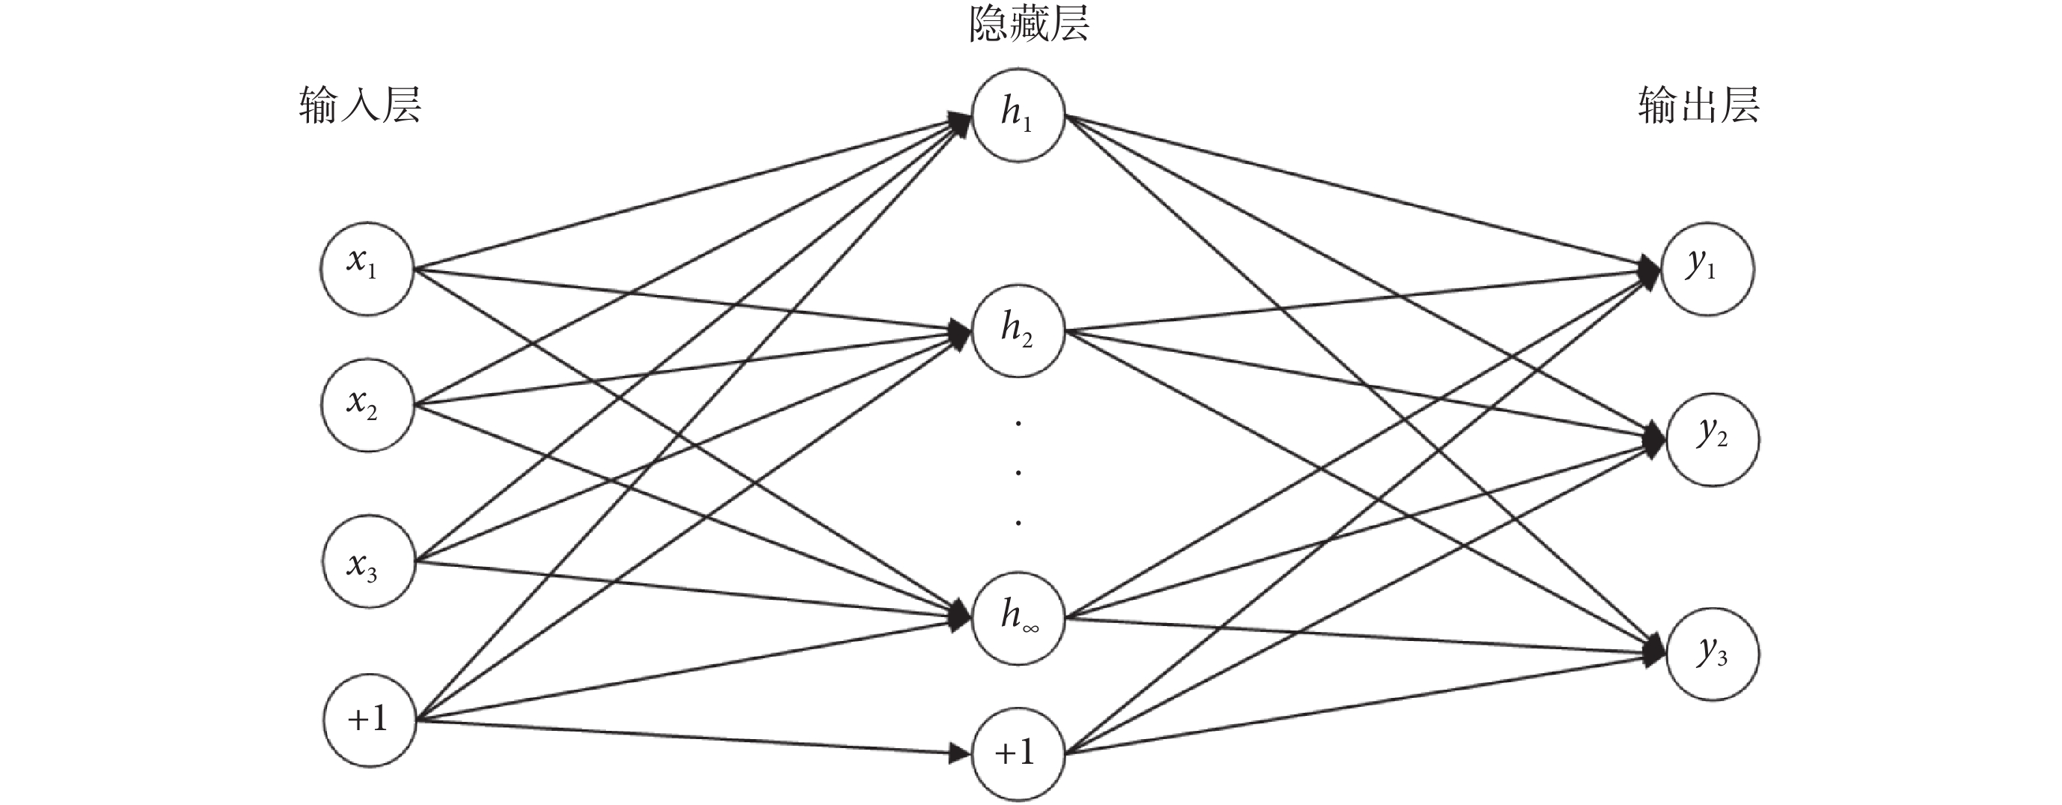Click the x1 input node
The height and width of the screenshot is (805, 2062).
(x=367, y=269)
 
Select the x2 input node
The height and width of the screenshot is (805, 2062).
(x=367, y=405)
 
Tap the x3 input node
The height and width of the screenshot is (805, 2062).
(x=368, y=562)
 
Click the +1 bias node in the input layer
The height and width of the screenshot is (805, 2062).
(x=369, y=720)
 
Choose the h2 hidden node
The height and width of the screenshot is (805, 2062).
(x=1018, y=331)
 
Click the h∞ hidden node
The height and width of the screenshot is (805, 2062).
(x=1018, y=619)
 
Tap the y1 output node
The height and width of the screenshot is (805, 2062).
(x=1707, y=269)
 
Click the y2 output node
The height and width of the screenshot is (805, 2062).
(x=1712, y=439)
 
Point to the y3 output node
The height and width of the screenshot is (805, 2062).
(x=1712, y=654)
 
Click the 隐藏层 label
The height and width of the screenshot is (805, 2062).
(x=1029, y=25)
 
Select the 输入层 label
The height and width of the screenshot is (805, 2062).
(x=360, y=106)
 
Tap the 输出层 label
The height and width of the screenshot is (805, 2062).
(x=1698, y=106)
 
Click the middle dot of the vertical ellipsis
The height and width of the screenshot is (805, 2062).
(x=1018, y=473)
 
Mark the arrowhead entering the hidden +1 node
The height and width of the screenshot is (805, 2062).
(x=959, y=753)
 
